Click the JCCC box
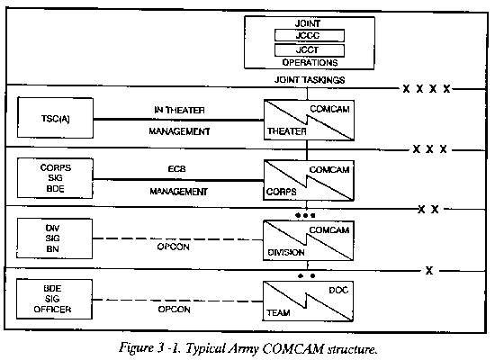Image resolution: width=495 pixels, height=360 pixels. click(x=310, y=35)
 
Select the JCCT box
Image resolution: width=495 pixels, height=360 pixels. click(x=310, y=50)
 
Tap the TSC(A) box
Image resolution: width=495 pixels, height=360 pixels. click(x=55, y=118)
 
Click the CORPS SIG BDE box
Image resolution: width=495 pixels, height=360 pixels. click(x=55, y=178)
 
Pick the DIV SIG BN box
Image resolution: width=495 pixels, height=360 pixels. click(x=55, y=238)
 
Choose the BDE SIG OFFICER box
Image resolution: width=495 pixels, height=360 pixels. click(x=54, y=299)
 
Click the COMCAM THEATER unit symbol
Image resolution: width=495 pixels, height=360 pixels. click(x=309, y=121)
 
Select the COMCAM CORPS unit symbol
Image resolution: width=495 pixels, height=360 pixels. click(x=309, y=181)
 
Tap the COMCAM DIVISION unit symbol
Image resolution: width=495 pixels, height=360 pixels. click(x=309, y=241)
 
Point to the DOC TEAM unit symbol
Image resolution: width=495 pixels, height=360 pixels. click(x=308, y=301)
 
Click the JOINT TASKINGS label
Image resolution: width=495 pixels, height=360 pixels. click(x=310, y=80)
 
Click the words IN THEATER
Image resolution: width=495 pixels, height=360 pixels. click(x=179, y=110)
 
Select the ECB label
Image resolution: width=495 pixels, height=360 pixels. click(x=176, y=169)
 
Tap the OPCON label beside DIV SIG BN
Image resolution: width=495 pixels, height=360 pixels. click(x=174, y=247)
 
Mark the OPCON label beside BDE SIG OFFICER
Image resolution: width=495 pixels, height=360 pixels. click(x=174, y=310)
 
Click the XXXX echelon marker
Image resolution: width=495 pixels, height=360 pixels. click(x=427, y=89)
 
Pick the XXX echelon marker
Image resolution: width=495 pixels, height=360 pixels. click(x=430, y=149)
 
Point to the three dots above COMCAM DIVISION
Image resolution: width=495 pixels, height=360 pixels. click(x=305, y=216)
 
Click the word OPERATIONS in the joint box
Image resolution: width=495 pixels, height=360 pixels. click(x=310, y=62)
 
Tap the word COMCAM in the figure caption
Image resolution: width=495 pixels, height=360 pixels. click(x=293, y=349)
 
